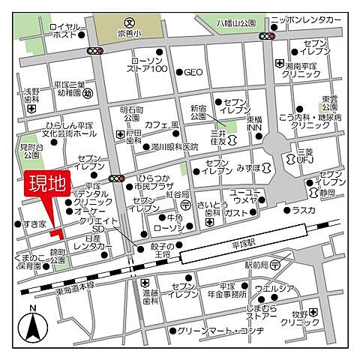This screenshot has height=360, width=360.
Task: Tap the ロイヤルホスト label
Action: tap(65, 31)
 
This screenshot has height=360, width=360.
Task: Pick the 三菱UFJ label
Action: tap(298, 157)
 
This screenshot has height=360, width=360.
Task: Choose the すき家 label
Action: tap(33, 224)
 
